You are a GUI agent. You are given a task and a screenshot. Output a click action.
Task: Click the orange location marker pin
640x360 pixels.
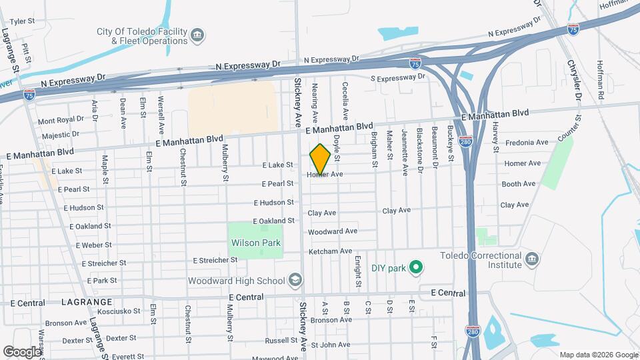point(320,159)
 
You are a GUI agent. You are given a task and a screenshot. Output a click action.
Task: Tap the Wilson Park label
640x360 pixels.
point(255,243)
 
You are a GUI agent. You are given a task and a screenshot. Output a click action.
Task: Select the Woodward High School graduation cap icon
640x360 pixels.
point(294,281)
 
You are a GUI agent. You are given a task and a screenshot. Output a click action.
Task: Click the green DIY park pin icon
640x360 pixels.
point(417,269)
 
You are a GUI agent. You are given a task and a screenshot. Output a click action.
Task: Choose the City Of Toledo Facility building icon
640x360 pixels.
point(197,35)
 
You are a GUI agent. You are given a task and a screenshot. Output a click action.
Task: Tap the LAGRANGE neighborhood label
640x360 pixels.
point(81,303)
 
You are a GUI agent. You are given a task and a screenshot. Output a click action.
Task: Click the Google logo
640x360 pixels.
point(22,351)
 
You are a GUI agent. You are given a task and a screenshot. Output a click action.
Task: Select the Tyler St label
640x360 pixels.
point(22,21)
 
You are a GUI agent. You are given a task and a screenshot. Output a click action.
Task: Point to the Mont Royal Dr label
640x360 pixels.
point(61,121)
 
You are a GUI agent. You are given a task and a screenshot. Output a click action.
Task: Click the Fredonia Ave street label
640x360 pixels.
point(527,143)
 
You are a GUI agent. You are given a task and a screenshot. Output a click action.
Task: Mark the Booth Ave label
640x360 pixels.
point(519,184)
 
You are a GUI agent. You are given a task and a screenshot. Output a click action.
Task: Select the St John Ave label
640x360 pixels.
point(326,345)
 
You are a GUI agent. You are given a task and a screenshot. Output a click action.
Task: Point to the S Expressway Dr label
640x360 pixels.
point(397,78)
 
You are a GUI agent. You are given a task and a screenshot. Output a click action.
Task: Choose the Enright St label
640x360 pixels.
point(358,271)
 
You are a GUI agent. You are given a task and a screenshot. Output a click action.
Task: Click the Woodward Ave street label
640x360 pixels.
point(333,231)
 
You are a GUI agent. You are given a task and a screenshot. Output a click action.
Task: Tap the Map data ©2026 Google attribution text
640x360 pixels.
point(598,354)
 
